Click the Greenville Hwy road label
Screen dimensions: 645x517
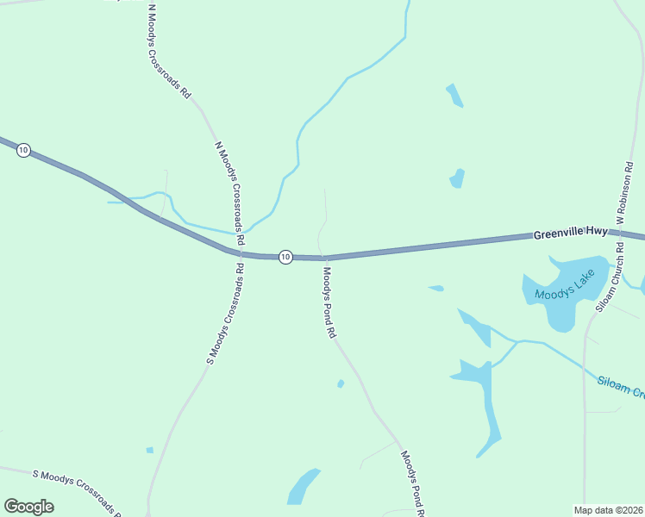[x=571, y=233]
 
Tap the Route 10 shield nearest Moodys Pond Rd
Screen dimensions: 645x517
[x=285, y=257]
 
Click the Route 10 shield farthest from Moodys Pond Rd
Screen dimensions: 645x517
[x=23, y=150]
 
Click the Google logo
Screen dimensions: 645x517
[x=28, y=507]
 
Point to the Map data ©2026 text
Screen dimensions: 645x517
[x=608, y=509]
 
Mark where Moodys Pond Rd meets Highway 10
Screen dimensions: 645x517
[x=325, y=257]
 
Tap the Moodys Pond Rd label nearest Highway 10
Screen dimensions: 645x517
[x=329, y=302]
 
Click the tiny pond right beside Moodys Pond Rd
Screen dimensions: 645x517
[x=341, y=383]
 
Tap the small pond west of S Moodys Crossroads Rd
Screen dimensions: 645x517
[x=149, y=450]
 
